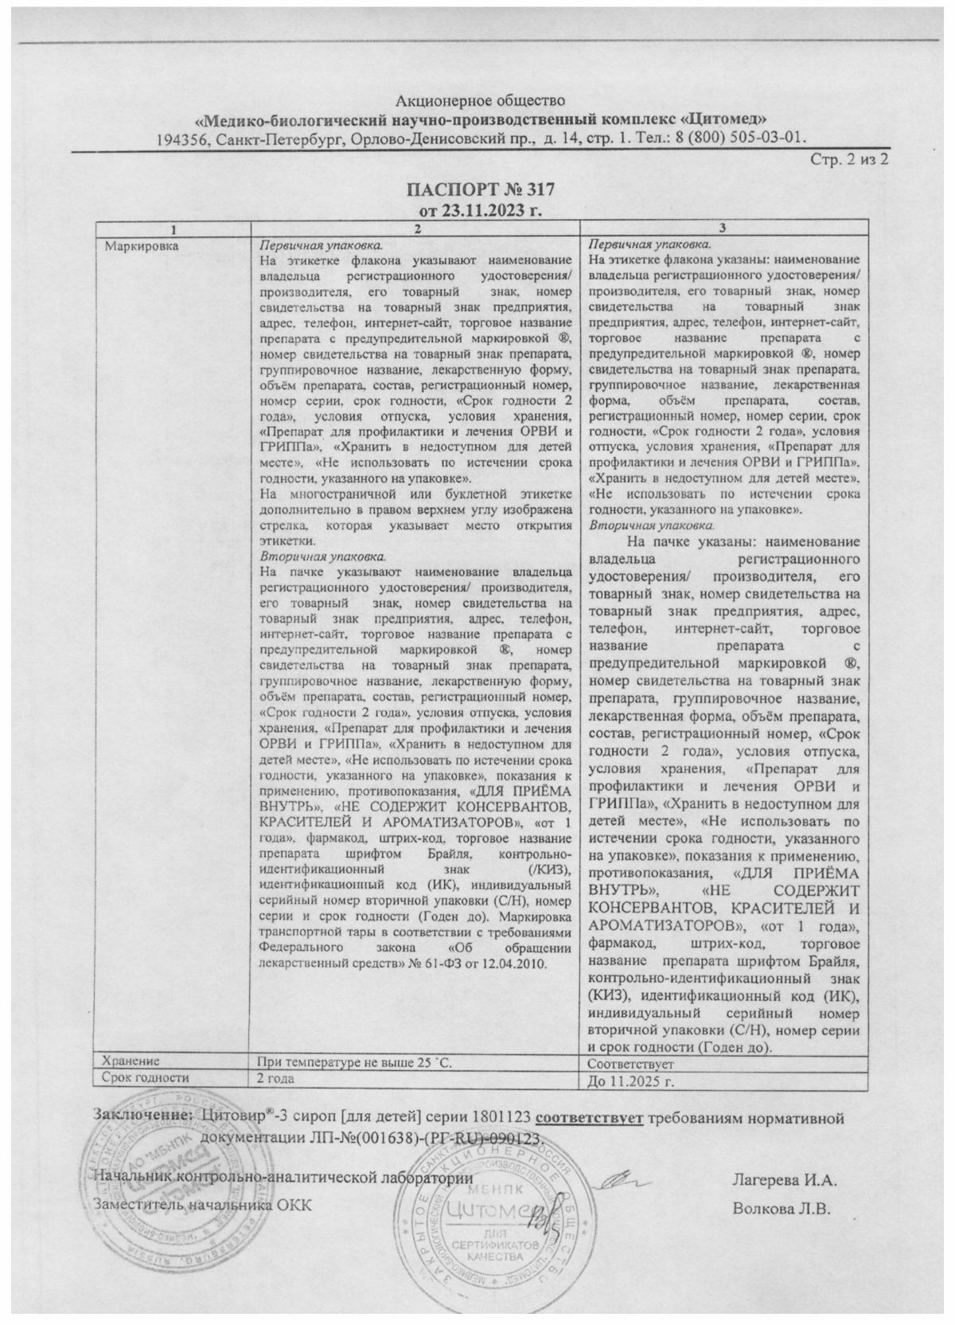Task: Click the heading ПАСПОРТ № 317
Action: pyautogui.click(x=480, y=191)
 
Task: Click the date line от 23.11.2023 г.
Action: pyautogui.click(x=480, y=210)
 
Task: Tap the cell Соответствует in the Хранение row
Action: pyautogui.click(x=630, y=1064)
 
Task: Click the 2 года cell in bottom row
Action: pyautogui.click(x=275, y=1078)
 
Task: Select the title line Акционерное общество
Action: pyautogui.click(x=480, y=101)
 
